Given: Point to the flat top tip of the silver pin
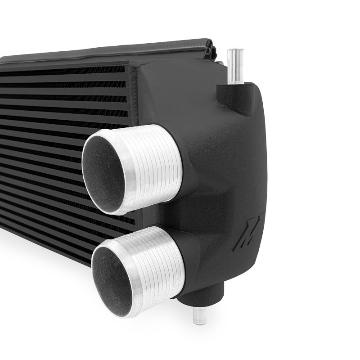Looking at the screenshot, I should (235, 50).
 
